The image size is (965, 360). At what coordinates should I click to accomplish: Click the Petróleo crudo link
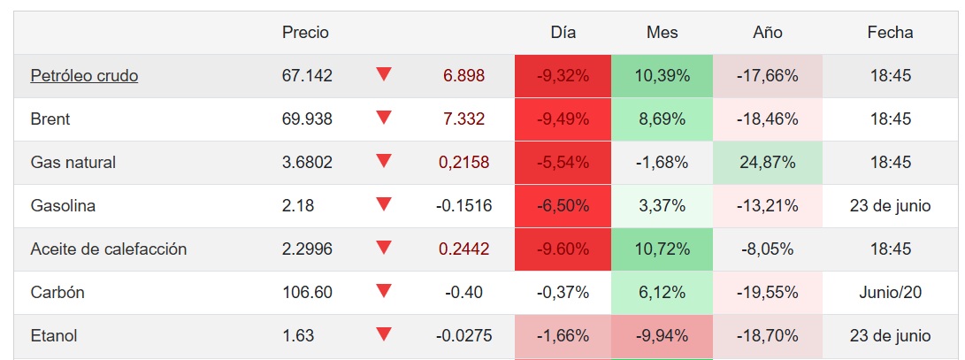point(84,76)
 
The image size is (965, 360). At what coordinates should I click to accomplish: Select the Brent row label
point(50,119)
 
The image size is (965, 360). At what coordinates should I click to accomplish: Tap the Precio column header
point(305,33)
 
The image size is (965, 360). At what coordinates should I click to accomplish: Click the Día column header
point(563,33)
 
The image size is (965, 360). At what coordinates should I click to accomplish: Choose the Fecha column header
point(890,33)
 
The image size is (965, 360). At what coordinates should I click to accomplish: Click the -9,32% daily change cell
point(563,76)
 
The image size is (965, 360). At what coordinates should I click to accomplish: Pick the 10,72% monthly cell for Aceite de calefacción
point(662,249)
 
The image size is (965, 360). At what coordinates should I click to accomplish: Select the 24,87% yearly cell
point(767,163)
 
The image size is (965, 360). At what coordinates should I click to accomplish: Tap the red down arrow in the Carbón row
point(383,291)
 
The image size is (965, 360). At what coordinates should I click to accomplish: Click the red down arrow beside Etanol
point(383,334)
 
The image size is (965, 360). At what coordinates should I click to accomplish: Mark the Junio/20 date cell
point(890,293)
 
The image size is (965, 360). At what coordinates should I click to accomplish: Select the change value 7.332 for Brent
point(463,119)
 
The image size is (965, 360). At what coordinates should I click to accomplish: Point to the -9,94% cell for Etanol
point(662,336)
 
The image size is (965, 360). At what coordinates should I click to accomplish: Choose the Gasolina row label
point(63,206)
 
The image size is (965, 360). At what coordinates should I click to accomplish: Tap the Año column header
point(767,33)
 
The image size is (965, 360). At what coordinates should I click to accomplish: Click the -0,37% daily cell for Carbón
point(563,293)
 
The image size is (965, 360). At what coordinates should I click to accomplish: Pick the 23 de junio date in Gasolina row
point(890,206)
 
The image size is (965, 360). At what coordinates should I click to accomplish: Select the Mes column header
point(662,33)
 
